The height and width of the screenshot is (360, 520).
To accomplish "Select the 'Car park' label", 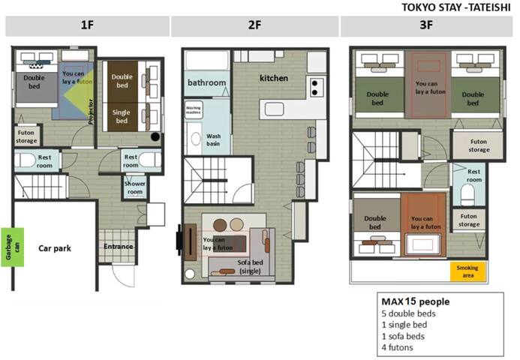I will pos(55,247).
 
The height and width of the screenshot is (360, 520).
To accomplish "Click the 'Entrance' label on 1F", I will pos(118,246).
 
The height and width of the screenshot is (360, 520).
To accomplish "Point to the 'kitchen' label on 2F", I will pos(273,78).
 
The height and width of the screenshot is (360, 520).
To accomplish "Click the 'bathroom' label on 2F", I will pos(206,82).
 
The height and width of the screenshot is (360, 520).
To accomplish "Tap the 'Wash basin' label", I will pos(213,139).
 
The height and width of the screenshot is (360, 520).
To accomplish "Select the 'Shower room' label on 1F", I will pos(134,187).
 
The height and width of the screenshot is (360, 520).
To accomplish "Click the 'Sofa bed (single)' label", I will pos(235,266).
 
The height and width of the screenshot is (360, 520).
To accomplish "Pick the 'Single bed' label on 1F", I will pos(122,116).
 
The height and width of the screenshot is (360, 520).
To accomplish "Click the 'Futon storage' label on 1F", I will pos(26,136).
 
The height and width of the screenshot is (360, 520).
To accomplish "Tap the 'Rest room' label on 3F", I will pos(473,176).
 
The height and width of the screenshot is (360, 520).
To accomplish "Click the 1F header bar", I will pos(86,25).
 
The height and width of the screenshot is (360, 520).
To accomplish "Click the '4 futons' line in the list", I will pos(398,347).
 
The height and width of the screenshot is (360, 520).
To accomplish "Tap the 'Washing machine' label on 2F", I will pos(194,109).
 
